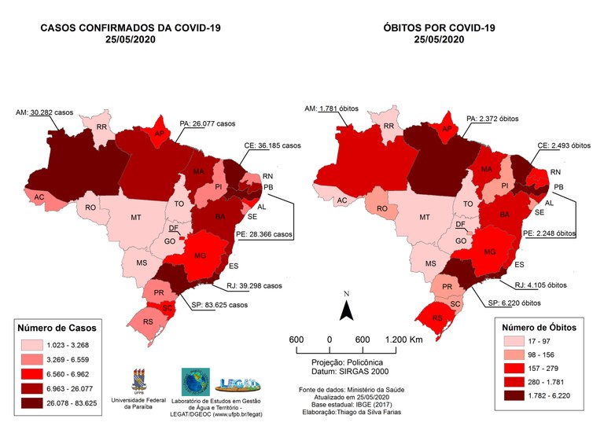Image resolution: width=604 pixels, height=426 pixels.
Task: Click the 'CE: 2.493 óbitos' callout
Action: (558, 145)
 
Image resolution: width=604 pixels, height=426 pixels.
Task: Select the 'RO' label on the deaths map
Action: (381, 207)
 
